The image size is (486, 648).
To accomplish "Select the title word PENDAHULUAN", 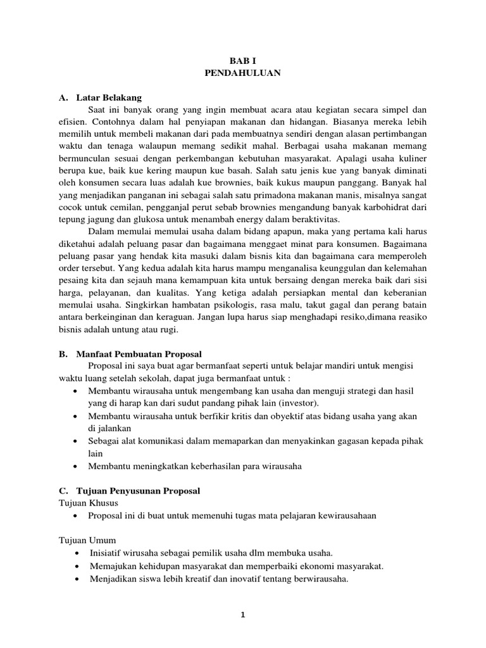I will [x=242, y=73].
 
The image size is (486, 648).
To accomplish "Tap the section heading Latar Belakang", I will [x=109, y=98].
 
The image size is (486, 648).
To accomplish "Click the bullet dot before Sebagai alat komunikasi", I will [x=76, y=440].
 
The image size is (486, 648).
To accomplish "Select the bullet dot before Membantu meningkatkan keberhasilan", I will [x=76, y=466].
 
